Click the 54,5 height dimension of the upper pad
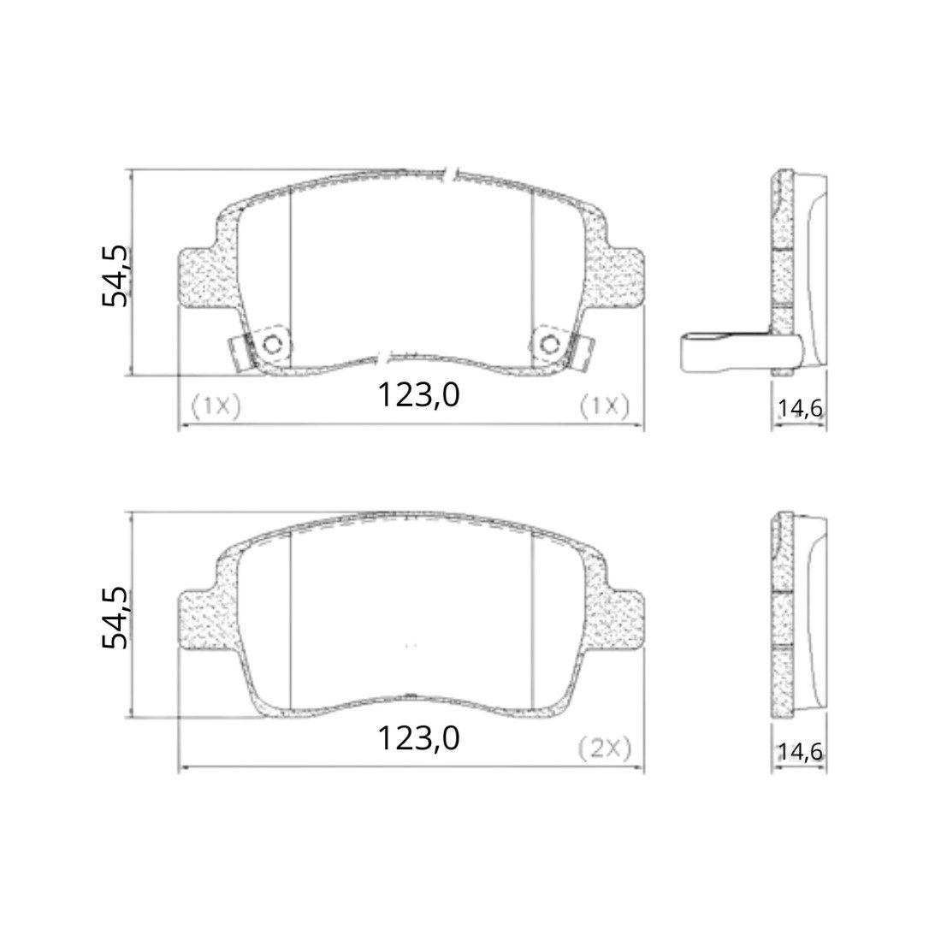pyautogui.click(x=115, y=276)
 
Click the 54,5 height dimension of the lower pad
pyautogui.click(x=115, y=618)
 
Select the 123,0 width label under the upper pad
pyautogui.click(x=418, y=395)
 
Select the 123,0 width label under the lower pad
pyautogui.click(x=418, y=738)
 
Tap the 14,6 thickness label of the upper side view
pyautogui.click(x=800, y=409)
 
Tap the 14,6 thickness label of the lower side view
pyautogui.click(x=800, y=751)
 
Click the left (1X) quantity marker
pyautogui.click(x=216, y=406)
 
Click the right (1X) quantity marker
pyautogui.click(x=604, y=406)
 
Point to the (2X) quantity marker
pyautogui.click(x=605, y=749)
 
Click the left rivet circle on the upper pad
pyautogui.click(x=272, y=345)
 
